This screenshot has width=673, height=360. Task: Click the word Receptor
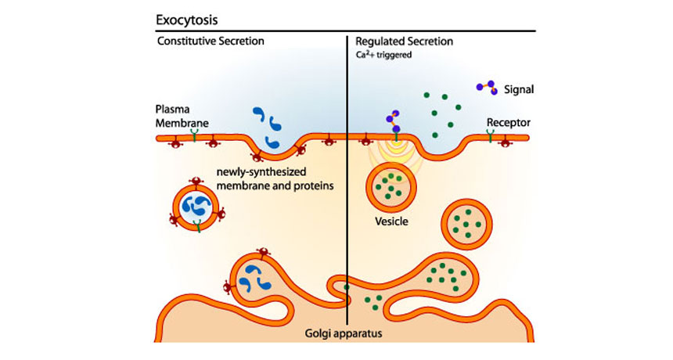508,122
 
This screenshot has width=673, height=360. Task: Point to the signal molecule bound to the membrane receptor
393,123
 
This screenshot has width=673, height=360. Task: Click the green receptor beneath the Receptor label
491,138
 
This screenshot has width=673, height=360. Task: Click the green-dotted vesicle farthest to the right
470,224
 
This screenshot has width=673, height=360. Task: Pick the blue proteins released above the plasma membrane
268,128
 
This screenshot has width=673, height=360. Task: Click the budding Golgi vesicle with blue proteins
254,278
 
